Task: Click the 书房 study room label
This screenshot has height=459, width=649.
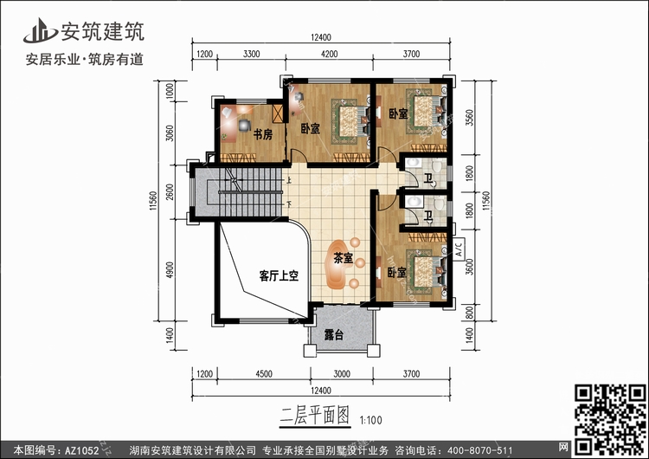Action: click(263, 134)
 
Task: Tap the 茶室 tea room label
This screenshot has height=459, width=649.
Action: click(344, 258)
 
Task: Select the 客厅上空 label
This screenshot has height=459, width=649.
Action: click(279, 275)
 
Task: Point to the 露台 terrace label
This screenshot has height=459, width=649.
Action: click(334, 334)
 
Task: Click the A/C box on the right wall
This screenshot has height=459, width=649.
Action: click(459, 249)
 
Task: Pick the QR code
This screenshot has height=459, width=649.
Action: click(610, 419)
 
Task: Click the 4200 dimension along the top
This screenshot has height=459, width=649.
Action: click(329, 54)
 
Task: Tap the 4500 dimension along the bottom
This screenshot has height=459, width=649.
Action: click(264, 374)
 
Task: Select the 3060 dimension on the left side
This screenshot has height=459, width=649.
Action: click(170, 133)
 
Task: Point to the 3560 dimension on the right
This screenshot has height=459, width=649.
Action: click(469, 118)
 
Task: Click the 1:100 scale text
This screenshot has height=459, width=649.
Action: click(371, 420)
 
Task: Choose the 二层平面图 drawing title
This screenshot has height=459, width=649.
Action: click(315, 415)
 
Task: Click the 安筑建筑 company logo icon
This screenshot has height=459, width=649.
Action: click(40, 30)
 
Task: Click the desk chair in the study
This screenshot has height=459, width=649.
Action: click(245, 125)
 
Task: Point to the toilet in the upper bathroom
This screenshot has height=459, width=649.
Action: click(437, 167)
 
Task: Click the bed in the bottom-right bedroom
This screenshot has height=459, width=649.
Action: click(427, 271)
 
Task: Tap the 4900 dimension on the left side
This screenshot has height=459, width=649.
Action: click(170, 269)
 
